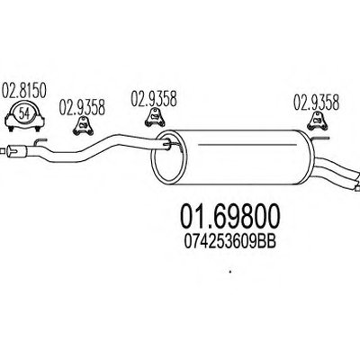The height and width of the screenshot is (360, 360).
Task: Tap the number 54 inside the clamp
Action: click(24, 113)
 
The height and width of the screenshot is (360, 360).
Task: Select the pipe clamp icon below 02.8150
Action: click(24, 117)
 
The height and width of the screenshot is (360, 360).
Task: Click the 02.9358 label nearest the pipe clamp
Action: click(82, 107)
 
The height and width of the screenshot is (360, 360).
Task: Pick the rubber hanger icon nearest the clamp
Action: click(83, 126)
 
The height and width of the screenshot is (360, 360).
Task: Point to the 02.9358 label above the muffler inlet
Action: click(154, 98)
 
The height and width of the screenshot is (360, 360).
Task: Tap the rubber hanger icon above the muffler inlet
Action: click(155, 118)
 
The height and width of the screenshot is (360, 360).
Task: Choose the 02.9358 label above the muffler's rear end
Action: click(316, 102)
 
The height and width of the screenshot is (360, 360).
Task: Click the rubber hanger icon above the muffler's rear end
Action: click(318, 121)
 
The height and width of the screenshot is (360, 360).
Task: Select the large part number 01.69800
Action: click(230, 217)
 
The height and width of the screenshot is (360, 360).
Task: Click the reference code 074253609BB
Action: click(229, 241)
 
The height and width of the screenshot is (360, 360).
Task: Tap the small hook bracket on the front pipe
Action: click(40, 142)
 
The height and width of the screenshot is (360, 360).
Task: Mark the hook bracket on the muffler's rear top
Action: click(320, 139)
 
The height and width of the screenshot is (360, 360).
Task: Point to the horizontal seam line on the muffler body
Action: click(247, 145)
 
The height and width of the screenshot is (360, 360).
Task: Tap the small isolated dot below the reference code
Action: click(230, 272)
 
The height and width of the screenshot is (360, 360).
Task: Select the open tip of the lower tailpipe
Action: click(357, 188)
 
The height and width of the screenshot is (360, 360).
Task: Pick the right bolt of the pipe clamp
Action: click(38, 129)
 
